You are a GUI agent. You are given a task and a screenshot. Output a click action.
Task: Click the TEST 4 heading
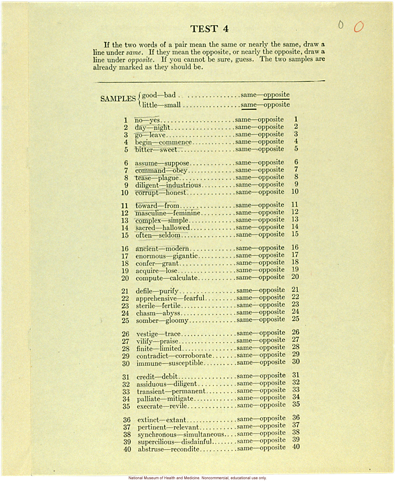point(209,29)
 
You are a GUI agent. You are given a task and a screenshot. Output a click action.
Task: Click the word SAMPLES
point(118,99)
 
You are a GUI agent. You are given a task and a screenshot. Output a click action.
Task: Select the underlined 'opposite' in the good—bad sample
point(276,95)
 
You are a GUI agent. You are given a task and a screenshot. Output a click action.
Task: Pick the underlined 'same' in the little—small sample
point(248,105)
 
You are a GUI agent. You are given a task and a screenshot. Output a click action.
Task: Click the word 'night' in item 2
point(161,128)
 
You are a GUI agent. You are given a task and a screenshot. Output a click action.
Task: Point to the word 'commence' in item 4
point(175,142)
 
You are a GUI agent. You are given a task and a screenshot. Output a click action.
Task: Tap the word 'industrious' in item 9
point(183,185)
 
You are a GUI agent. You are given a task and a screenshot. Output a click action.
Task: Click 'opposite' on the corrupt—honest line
point(271,192)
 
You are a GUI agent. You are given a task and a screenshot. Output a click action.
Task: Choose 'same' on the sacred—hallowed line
point(243,227)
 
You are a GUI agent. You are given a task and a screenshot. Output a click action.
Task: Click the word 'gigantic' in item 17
point(185,256)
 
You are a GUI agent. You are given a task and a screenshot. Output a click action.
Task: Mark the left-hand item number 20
point(125,278)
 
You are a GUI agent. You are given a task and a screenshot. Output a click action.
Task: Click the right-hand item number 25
point(295,319)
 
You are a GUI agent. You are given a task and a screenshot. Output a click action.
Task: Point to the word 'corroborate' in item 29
point(193,356)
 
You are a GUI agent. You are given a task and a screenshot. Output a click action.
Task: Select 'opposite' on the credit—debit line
point(272,376)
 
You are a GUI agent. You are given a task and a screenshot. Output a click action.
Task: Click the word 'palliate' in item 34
point(148,399)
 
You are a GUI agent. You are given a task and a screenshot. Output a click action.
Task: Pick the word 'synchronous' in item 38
point(157,435)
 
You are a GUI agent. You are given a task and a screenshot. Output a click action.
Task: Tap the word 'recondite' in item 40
point(185,450)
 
